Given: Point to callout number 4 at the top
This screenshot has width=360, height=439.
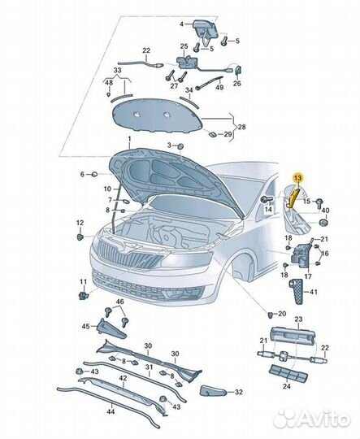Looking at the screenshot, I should click(x=182, y=24).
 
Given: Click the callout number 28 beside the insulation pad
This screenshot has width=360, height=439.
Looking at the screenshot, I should click(x=241, y=127).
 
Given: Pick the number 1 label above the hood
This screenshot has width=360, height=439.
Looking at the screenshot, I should click(x=128, y=141).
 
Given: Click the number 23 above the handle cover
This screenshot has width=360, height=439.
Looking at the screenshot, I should click(x=297, y=319).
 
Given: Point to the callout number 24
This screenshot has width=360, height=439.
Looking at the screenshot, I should click(x=285, y=386).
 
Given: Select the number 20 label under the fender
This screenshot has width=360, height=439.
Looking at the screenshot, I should click(x=282, y=313).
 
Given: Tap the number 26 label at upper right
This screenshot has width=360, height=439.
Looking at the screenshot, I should click(x=237, y=83).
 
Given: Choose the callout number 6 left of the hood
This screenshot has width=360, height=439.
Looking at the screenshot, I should click(x=81, y=174).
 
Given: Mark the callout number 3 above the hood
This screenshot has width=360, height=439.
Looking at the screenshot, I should click(x=170, y=145).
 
